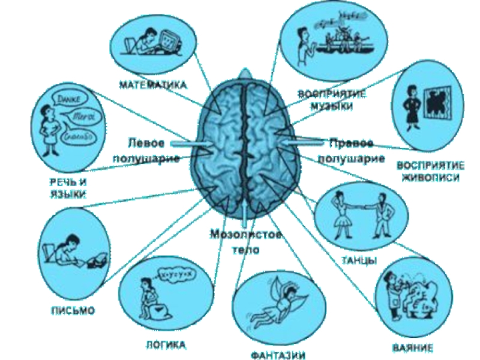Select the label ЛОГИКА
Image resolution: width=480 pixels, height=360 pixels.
coord(166,345)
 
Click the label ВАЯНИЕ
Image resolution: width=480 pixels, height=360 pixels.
coord(414,347)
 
